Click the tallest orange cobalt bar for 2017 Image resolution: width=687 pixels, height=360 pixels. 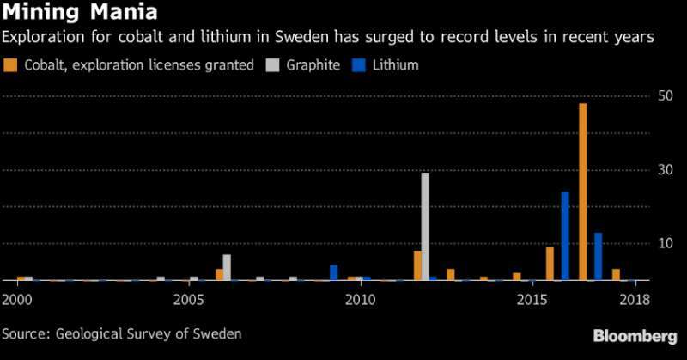(583, 192)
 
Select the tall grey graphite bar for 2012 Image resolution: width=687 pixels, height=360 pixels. (425, 227)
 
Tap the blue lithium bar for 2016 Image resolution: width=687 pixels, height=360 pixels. (565, 236)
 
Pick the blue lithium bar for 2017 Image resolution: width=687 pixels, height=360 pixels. (598, 257)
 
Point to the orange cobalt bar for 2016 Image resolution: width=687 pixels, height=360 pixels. (550, 264)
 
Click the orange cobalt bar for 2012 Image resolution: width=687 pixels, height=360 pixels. (417, 265)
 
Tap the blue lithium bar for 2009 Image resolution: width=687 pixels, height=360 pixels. (333, 272)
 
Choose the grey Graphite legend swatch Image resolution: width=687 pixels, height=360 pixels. (275, 64)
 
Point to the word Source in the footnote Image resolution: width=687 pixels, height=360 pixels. (25, 333)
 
